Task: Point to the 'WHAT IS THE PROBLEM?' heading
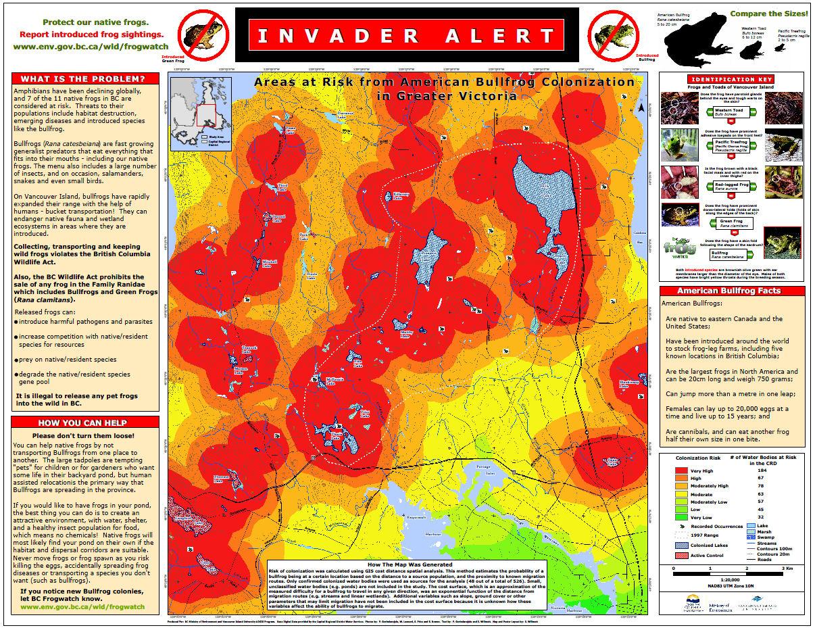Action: (85, 78)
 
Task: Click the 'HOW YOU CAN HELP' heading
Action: (85, 422)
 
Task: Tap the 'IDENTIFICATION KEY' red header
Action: (732, 79)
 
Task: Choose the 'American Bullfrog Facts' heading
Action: (732, 291)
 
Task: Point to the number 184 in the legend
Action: (762, 470)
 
